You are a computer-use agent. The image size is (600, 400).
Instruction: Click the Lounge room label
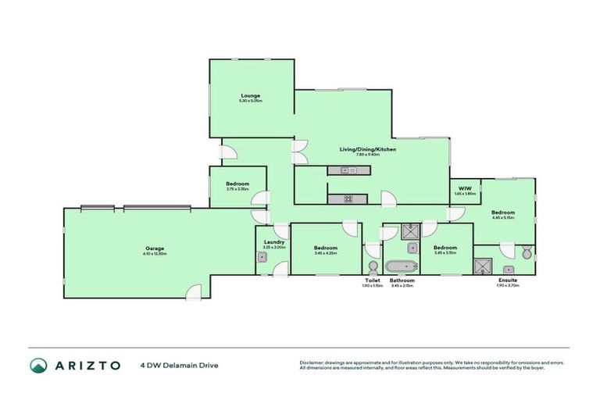click(251, 95)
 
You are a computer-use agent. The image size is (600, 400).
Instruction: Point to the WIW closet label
click(465, 187)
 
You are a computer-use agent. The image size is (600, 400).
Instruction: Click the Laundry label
click(274, 242)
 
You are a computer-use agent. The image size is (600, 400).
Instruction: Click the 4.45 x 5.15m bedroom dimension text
click(503, 218)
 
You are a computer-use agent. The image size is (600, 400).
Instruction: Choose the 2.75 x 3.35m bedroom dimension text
click(237, 189)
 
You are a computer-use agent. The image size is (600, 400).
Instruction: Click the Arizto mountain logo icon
click(38, 365)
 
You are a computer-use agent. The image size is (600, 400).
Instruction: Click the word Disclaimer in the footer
click(312, 362)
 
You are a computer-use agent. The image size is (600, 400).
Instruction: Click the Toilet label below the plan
click(373, 280)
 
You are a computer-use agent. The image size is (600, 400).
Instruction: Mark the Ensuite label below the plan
click(508, 280)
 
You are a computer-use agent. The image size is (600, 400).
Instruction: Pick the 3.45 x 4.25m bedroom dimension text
click(325, 253)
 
